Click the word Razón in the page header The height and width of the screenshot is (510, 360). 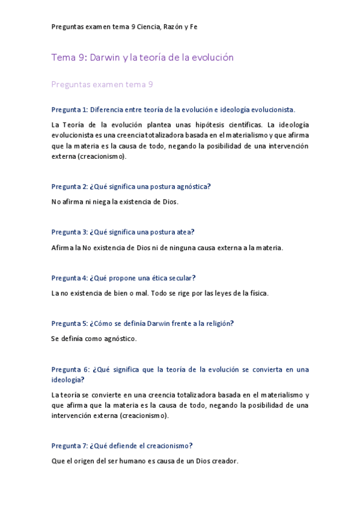pyautogui.click(x=172, y=27)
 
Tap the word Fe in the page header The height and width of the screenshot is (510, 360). pyautogui.click(x=194, y=27)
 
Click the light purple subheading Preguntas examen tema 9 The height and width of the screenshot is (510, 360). pyautogui.click(x=102, y=85)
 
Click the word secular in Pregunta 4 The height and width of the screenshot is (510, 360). pyautogui.click(x=183, y=277)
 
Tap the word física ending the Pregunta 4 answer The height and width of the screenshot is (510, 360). pyautogui.click(x=258, y=293)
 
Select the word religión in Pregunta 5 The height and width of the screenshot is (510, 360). pyautogui.click(x=218, y=323)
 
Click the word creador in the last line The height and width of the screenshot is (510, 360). pyautogui.click(x=224, y=461)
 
